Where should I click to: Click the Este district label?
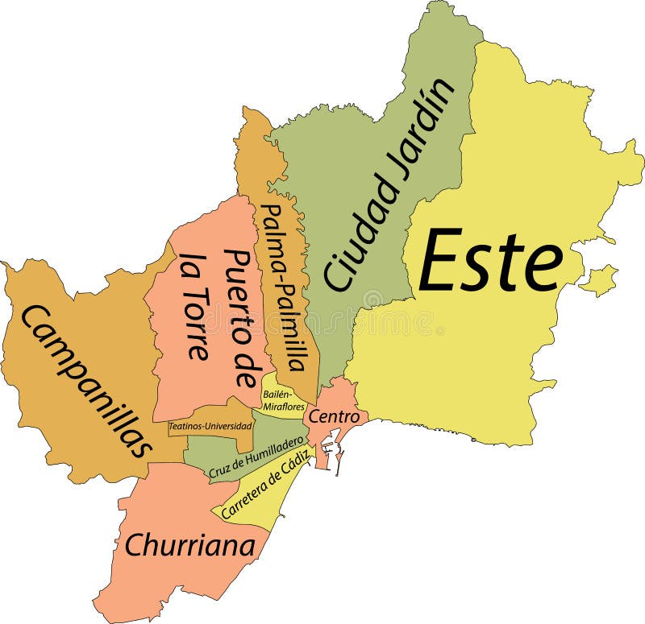[490, 261]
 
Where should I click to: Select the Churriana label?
[190, 545]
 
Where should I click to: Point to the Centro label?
[333, 416]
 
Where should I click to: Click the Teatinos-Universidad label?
[210, 425]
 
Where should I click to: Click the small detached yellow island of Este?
[597, 280]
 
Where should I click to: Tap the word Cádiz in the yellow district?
[295, 471]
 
